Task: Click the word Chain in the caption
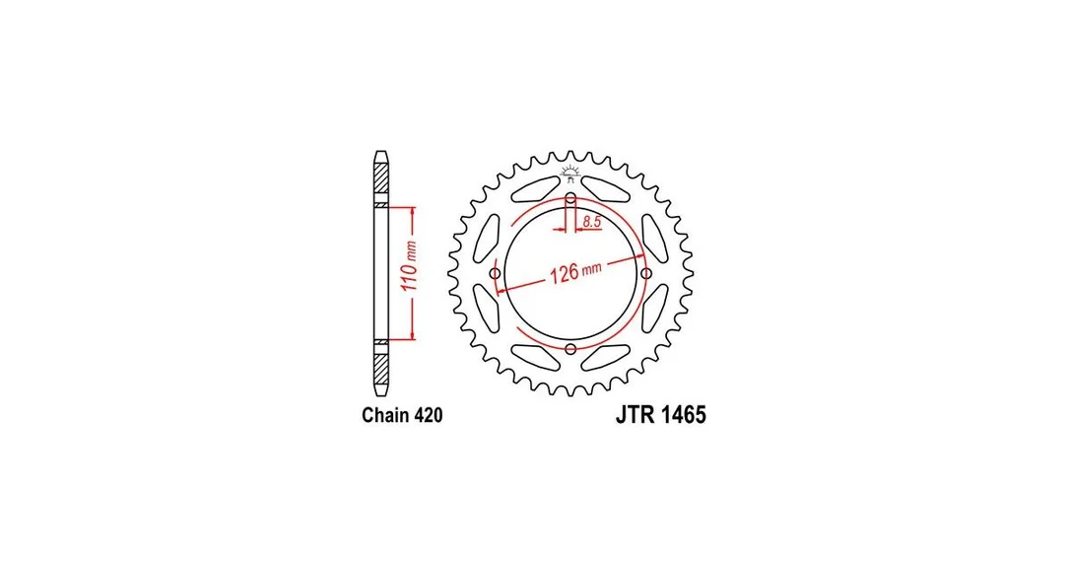coord(384,415)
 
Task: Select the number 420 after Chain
coord(428,415)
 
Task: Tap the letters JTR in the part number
coord(635,415)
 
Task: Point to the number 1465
coord(683,415)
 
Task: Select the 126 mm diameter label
coord(575,272)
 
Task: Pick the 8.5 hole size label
coord(591,221)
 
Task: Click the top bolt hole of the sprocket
coord(570,199)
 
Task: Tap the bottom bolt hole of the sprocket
coord(570,350)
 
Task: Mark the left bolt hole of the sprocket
coord(496,274)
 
